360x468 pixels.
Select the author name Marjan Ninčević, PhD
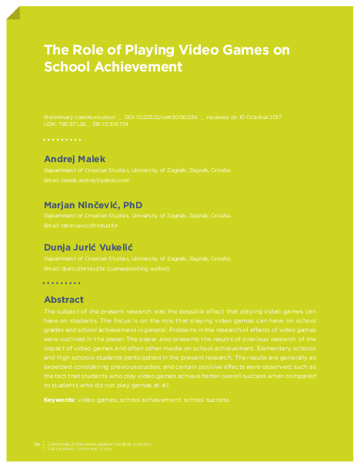pyautogui.click(x=93, y=204)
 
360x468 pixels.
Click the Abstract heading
pyautogui.click(x=64, y=299)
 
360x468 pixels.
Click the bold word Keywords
pyautogui.click(x=59, y=400)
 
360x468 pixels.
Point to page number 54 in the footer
pyautogui.click(x=37, y=444)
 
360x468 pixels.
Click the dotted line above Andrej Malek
pyautogui.click(x=62, y=140)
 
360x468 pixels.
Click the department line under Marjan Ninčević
pyautogui.click(x=137, y=216)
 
